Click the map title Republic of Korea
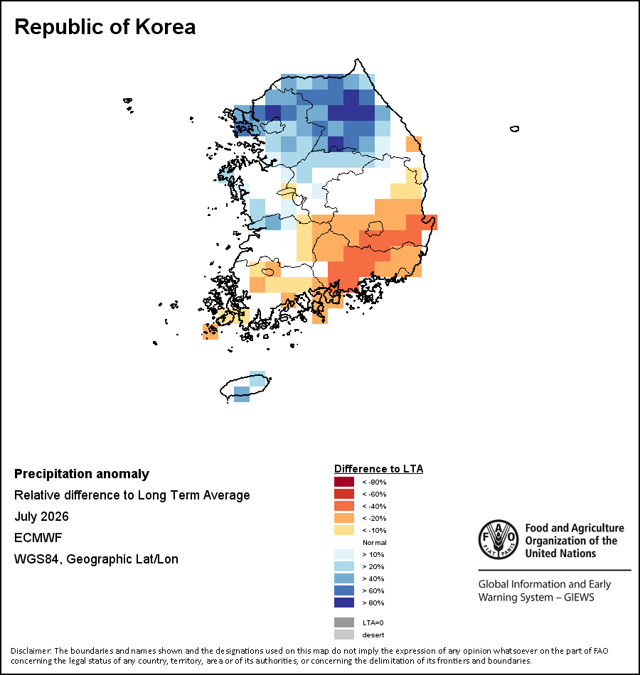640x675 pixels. (105, 27)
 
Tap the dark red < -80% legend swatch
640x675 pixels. (344, 482)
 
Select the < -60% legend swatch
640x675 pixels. (344, 494)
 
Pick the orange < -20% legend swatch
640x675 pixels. (344, 518)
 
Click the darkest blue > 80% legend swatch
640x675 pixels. (344, 603)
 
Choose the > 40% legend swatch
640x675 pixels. (344, 578)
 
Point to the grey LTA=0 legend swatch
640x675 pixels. (344, 622)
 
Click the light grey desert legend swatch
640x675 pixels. (344, 634)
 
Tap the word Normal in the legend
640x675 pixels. (375, 542)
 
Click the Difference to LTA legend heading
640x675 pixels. (379, 469)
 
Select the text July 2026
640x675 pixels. (41, 516)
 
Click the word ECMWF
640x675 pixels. (38, 538)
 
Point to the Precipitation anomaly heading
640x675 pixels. (82, 474)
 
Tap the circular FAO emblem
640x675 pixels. (498, 539)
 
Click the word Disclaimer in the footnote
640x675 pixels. (30, 651)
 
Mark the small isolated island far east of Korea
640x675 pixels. (515, 129)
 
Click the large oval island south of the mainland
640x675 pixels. (245, 387)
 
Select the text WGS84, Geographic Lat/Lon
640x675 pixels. (96, 559)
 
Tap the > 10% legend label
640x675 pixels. (373, 554)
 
